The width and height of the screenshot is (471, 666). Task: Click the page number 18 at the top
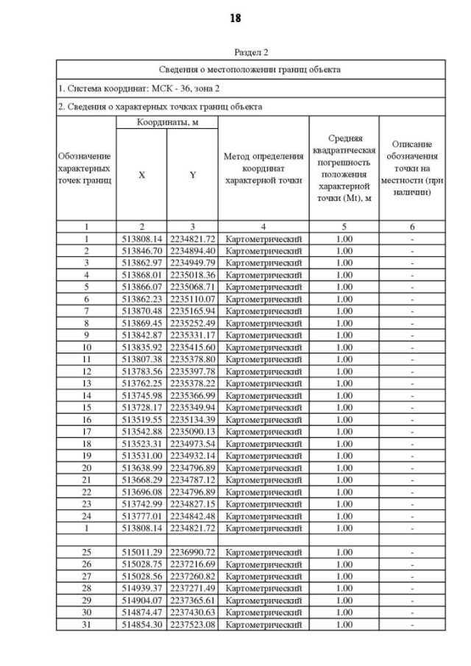click(235, 18)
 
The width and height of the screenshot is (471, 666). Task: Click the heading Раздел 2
click(251, 52)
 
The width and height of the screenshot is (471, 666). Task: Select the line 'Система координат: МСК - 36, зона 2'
click(139, 88)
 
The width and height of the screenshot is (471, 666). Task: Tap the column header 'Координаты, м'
click(167, 122)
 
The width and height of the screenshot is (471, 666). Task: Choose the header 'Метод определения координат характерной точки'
click(263, 168)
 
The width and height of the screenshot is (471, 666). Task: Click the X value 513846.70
click(141, 251)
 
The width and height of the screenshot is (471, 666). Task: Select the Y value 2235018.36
click(192, 274)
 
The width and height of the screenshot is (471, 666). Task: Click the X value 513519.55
click(141, 420)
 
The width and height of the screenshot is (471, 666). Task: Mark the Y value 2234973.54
click(192, 444)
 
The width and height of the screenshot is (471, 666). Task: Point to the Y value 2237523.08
click(192, 624)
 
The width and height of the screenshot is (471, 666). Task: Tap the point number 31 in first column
click(86, 624)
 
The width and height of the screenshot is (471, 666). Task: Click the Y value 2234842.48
click(192, 516)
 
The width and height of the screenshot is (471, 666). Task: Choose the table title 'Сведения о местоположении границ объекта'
click(251, 70)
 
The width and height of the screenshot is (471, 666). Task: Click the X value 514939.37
click(141, 588)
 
